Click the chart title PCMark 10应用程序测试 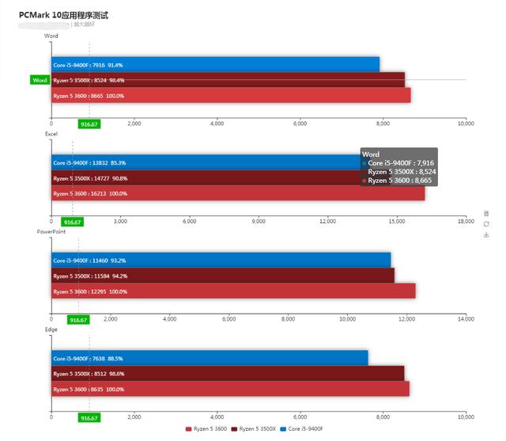pos(63,15)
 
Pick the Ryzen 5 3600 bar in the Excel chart pos(237,193)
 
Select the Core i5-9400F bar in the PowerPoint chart pos(221,260)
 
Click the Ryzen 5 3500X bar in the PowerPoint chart pos(222,276)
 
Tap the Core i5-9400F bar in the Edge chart pos(210,358)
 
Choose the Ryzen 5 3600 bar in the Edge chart pos(230,390)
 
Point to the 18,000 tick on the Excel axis pos(466,221)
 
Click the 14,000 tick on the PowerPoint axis pos(466,319)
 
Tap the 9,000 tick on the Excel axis pos(259,221)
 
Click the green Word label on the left pos(40,80)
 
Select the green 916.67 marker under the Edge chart pos(89,418)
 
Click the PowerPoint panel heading pos(51,231)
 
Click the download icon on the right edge pos(486,234)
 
